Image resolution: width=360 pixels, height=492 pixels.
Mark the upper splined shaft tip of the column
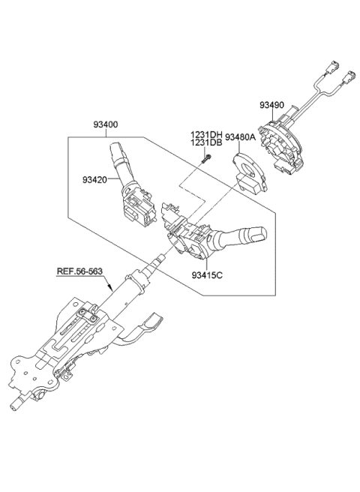coord(160,260)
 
